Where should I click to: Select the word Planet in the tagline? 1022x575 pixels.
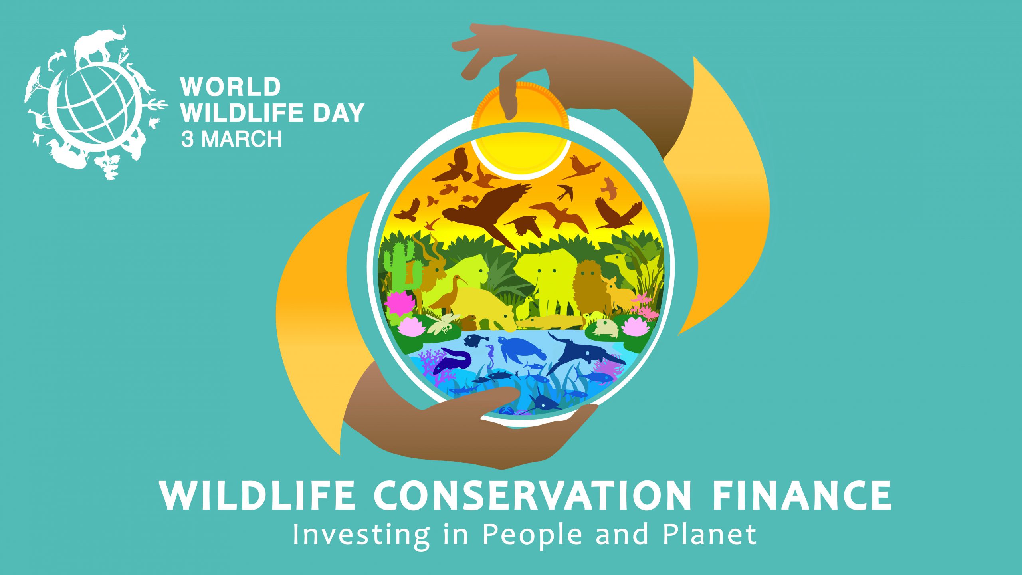(709, 534)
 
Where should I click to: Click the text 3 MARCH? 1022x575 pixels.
(232, 139)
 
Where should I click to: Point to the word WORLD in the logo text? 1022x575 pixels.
(231, 87)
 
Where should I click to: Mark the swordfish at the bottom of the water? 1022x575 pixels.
(539, 403)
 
